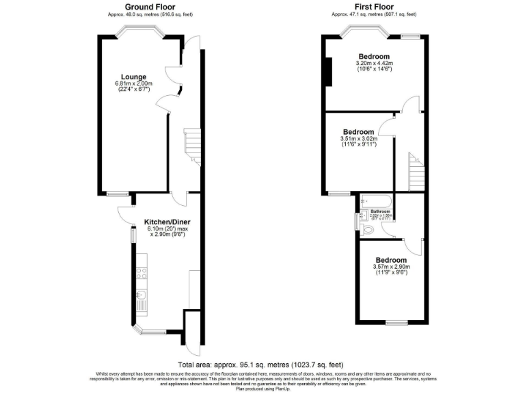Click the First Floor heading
pyautogui.click(x=374, y=7)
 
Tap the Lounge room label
pyautogui.click(x=133, y=77)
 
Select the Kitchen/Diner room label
pyautogui.click(x=167, y=222)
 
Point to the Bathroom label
pyautogui.click(x=380, y=211)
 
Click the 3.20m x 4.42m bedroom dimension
pyautogui.click(x=374, y=63)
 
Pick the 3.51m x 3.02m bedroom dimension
pyautogui.click(x=358, y=138)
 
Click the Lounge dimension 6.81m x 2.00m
pyautogui.click(x=134, y=83)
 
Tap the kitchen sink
pyautogui.click(x=142, y=295)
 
